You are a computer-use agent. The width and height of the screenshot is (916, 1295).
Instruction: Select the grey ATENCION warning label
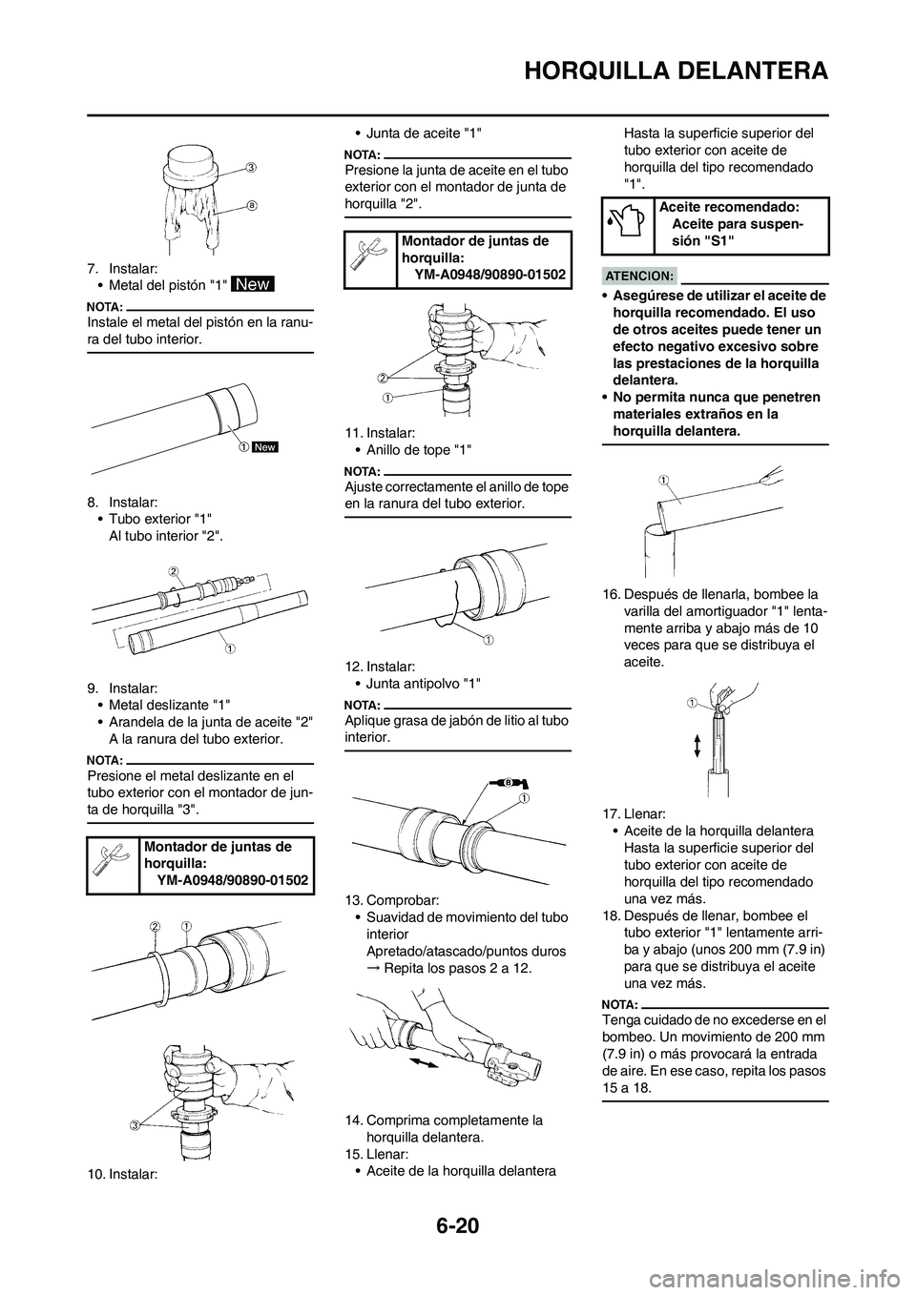pyautogui.click(x=639, y=275)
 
